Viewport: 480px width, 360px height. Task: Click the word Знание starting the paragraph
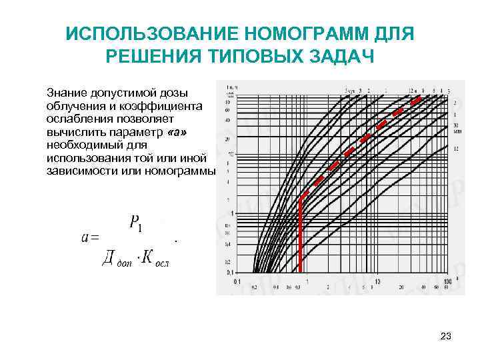[x=67, y=91]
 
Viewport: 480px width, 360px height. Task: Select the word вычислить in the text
[x=74, y=132]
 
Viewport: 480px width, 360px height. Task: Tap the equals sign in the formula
[x=93, y=238]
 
